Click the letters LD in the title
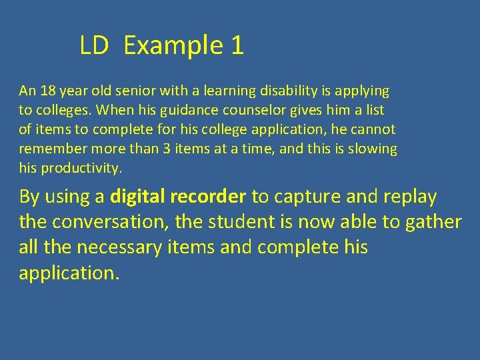point(93,45)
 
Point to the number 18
point(48,90)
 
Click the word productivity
point(82,169)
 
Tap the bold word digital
point(137,197)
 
